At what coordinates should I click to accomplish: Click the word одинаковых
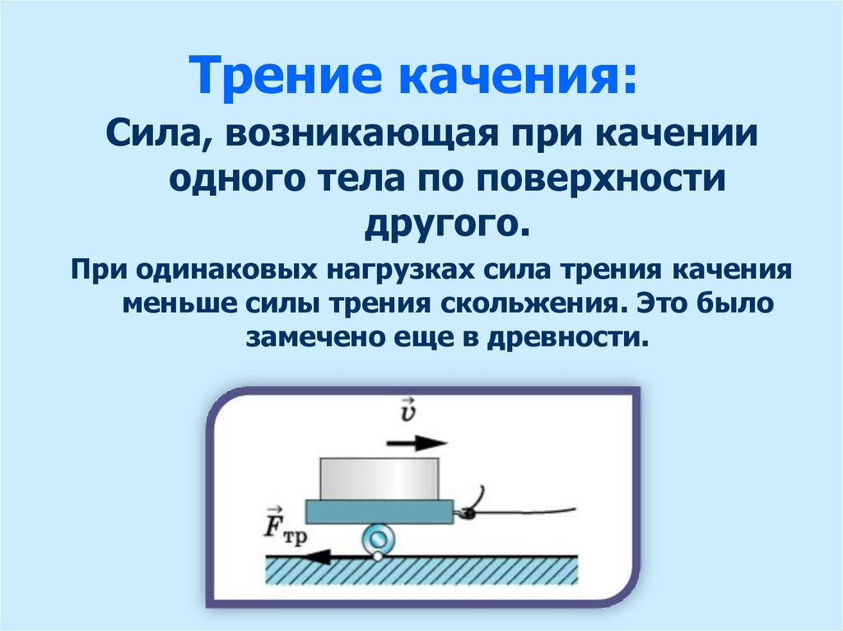pyautogui.click(x=220, y=271)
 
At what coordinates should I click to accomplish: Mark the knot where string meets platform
pyautogui.click(x=464, y=513)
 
